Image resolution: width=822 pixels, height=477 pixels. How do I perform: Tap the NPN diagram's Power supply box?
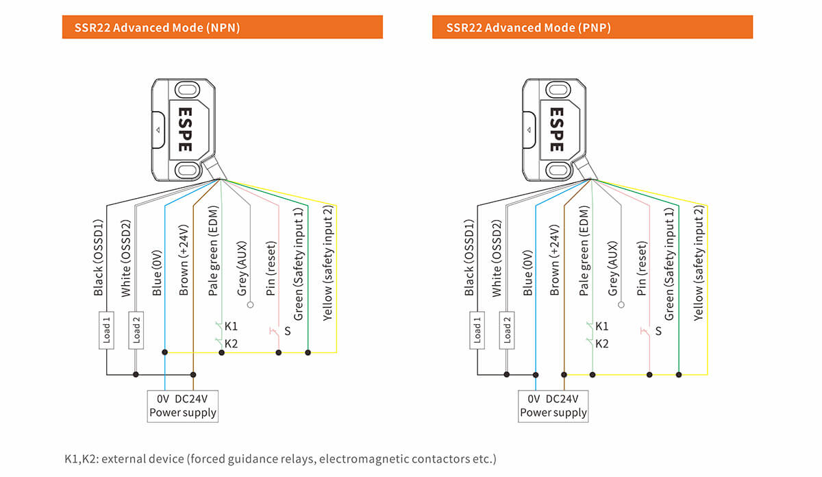tap(183, 405)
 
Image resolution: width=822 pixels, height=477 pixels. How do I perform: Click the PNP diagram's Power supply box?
tap(553, 405)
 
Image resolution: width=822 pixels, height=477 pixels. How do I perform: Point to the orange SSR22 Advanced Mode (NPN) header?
tap(222, 27)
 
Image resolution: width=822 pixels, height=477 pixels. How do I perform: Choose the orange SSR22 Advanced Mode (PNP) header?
tap(593, 27)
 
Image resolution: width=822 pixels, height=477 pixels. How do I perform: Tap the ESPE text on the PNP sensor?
tap(556, 128)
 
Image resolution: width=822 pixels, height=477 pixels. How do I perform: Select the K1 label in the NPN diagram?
tap(231, 326)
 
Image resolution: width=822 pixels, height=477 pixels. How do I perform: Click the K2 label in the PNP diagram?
tap(601, 344)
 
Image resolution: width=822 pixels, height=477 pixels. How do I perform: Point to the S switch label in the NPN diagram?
tap(287, 331)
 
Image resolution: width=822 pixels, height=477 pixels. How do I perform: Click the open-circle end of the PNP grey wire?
tap(621, 305)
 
